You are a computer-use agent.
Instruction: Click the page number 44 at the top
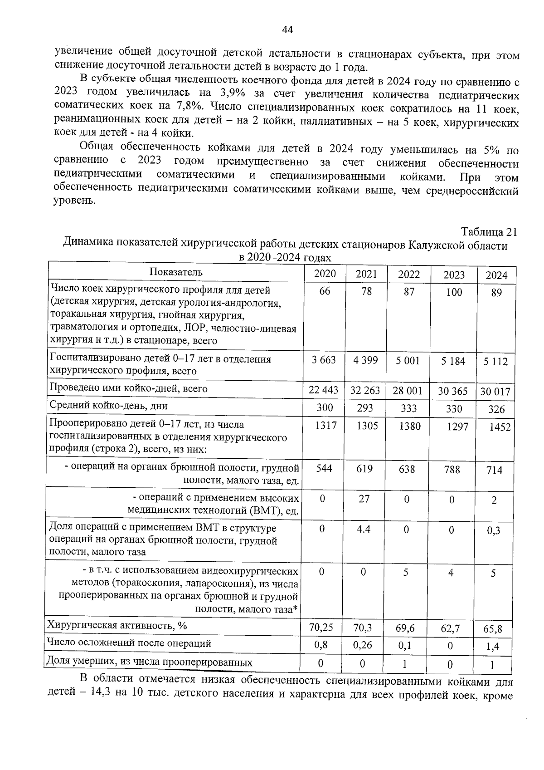[x=287, y=30]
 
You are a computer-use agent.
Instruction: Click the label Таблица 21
[x=489, y=232]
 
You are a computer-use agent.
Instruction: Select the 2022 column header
[x=409, y=275]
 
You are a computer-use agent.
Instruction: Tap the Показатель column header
[x=176, y=272]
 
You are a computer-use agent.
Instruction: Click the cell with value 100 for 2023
[x=454, y=293]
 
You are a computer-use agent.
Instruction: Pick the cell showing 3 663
[x=324, y=360]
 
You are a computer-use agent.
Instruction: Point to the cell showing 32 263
[x=366, y=390]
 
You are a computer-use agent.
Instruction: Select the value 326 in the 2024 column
[x=496, y=409]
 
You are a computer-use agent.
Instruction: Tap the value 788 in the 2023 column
[x=452, y=470]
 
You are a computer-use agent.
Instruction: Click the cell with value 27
[x=364, y=499]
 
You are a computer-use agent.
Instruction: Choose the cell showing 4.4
[x=364, y=529]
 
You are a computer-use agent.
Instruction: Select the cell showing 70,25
[x=321, y=628]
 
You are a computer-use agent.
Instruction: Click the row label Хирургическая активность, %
[x=117, y=626]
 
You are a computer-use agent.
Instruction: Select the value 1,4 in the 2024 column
[x=493, y=647]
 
